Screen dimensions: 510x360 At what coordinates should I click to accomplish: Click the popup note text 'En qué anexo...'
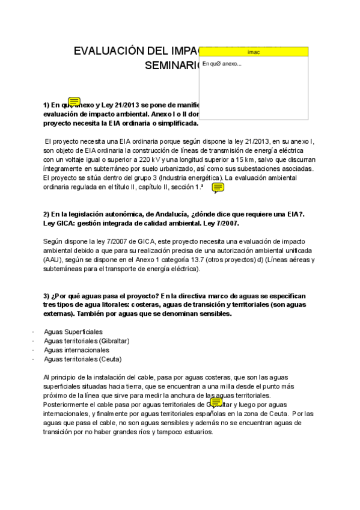pos(222,64)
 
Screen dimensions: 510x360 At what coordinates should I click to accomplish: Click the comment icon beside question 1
pos(75,102)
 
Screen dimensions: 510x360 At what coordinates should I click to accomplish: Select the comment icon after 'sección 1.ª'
pos(218,188)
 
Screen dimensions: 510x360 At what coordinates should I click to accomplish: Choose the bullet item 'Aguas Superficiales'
pos(73,331)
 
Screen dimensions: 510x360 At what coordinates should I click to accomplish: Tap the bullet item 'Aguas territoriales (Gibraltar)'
pos(87,340)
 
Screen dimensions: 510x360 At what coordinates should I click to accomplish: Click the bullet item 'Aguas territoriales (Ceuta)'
pos(83,359)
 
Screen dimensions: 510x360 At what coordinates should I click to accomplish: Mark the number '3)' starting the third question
pos(47,296)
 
